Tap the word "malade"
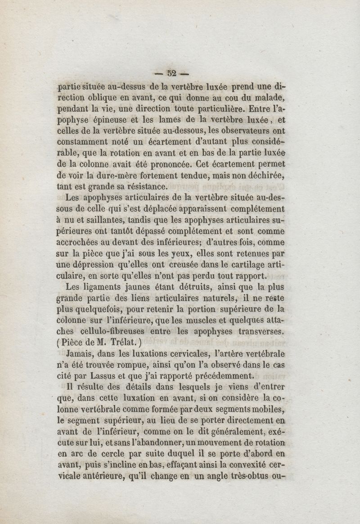pos(268,98)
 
